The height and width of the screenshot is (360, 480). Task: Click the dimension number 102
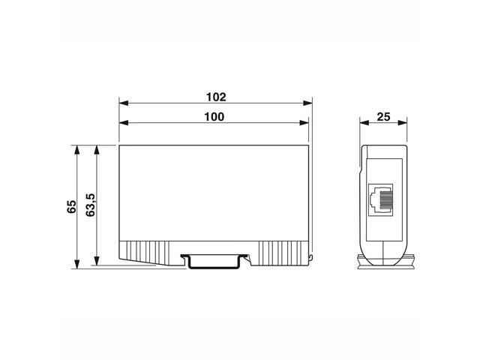point(215,97)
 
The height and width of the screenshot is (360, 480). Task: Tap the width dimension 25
point(383,116)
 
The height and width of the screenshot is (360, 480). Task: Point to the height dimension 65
point(72,206)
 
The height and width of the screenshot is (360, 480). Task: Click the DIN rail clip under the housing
point(215,260)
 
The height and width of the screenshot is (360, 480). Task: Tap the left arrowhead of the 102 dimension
point(124,104)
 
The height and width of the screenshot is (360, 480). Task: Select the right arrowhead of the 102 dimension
point(307,104)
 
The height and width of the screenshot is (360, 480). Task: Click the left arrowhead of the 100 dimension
point(124,124)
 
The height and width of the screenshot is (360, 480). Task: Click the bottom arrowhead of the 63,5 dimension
point(96,262)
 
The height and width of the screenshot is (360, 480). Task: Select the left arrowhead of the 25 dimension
point(364,124)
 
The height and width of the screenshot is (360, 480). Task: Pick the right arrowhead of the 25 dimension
point(403,124)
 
